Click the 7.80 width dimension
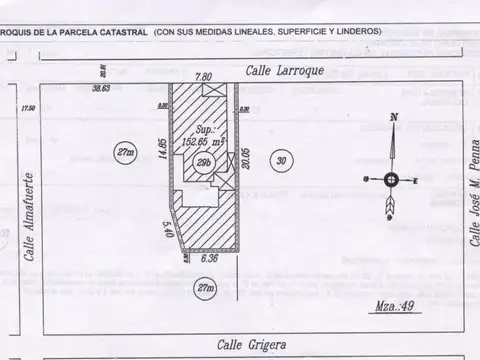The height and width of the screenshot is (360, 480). [203, 76]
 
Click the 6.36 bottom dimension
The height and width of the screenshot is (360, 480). [210, 258]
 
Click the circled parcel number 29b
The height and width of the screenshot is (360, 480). [203, 165]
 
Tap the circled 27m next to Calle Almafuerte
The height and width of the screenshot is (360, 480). [125, 152]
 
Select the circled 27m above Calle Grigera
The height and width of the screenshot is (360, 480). [204, 288]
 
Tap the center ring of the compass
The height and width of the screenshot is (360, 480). [391, 179]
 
